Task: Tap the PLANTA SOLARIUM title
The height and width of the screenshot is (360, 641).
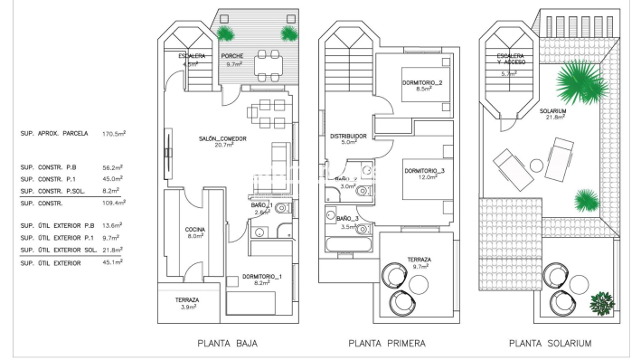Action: pyautogui.click(x=550, y=344)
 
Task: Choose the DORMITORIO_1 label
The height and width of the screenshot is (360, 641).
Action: pyautogui.click(x=262, y=278)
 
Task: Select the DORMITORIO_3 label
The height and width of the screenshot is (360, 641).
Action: pyautogui.click(x=424, y=172)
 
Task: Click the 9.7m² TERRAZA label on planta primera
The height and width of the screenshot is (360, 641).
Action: pyautogui.click(x=419, y=262)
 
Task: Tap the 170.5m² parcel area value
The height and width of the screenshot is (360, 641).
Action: pyautogui.click(x=114, y=133)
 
